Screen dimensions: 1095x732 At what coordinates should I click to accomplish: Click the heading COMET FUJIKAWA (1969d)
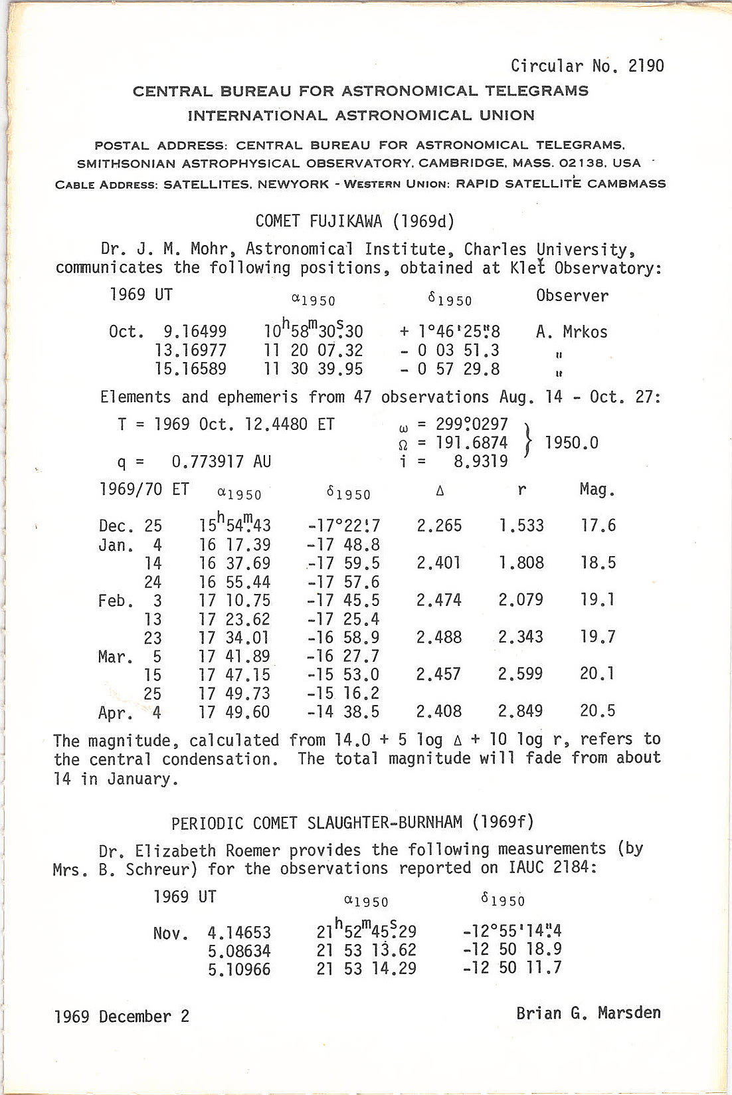pyautogui.click(x=355, y=221)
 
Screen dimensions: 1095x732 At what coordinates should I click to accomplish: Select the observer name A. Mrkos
pyautogui.click(x=571, y=332)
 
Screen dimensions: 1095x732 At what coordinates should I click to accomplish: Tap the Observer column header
pyautogui.click(x=572, y=296)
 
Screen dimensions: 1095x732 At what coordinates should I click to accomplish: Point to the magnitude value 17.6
pyautogui.click(x=597, y=526)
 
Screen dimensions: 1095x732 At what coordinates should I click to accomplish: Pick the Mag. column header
pyautogui.click(x=597, y=490)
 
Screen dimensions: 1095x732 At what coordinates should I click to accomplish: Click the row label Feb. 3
pyautogui.click(x=130, y=601)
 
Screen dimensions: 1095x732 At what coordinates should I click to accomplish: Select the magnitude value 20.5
pyautogui.click(x=597, y=711)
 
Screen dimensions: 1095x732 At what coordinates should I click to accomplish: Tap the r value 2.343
pyautogui.click(x=521, y=637)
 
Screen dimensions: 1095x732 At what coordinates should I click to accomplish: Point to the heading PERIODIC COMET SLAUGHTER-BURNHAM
pyautogui.click(x=353, y=823)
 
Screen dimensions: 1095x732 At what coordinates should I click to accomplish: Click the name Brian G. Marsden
pyautogui.click(x=589, y=1013)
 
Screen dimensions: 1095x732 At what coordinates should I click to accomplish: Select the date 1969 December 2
pyautogui.click(x=122, y=1017)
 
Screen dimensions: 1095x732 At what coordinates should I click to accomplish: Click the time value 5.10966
pyautogui.click(x=239, y=969)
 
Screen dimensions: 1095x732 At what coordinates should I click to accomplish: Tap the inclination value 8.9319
pyautogui.click(x=480, y=461)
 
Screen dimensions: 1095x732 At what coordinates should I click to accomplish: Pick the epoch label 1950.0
pyautogui.click(x=571, y=443)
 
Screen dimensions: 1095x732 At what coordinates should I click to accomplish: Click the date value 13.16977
pyautogui.click(x=191, y=350)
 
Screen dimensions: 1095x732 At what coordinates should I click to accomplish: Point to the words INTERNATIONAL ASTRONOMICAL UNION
pyautogui.click(x=361, y=116)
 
